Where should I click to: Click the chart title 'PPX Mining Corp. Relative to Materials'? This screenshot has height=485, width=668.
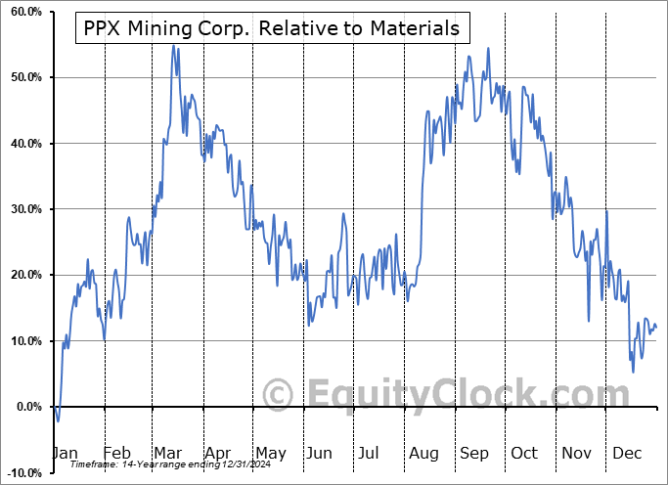[271, 28]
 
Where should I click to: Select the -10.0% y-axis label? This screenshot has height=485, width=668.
[21, 472]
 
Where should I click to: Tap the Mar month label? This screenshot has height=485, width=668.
[169, 453]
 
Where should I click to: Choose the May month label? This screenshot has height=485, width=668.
[270, 453]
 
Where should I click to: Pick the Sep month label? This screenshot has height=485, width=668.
[474, 453]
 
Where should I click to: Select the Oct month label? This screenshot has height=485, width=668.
[525, 453]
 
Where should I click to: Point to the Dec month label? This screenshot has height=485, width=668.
[627, 453]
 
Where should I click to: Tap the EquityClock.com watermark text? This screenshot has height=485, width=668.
[451, 394]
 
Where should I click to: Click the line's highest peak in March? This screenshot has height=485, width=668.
[173, 45]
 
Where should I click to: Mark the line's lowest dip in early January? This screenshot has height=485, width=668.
[58, 420]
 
